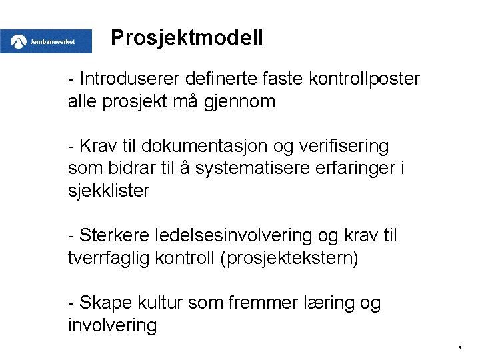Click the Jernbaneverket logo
click(46, 41)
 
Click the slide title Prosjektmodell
click(187, 38)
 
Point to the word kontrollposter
click(364, 79)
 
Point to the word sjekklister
click(109, 191)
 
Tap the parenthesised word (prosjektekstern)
click(289, 258)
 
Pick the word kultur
click(159, 303)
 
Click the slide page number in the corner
click(460, 347)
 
